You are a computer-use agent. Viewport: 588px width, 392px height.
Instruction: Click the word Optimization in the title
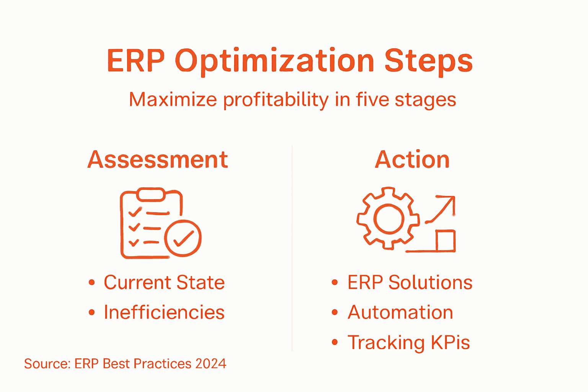coord(274,61)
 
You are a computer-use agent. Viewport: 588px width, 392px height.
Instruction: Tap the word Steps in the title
coord(428,61)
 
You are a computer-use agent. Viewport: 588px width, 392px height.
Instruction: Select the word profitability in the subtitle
coord(276,100)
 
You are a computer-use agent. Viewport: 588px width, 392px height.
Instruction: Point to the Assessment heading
coord(158,160)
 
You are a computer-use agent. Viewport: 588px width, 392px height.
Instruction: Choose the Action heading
coord(412,160)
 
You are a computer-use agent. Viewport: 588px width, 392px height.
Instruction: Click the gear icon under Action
coord(389,219)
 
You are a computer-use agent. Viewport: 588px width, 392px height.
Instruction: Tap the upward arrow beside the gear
coord(442,209)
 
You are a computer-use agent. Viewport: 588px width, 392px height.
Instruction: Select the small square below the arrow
coord(446,241)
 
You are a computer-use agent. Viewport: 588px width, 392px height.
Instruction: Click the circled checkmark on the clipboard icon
coord(183,238)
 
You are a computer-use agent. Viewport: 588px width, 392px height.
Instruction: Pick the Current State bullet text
coord(164,283)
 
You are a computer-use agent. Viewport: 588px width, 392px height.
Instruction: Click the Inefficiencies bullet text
coord(164,312)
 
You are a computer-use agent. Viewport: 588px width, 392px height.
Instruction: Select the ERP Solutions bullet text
coord(410,283)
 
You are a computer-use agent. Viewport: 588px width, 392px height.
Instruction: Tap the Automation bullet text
coord(400,312)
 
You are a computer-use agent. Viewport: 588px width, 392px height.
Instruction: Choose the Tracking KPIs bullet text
coord(408,342)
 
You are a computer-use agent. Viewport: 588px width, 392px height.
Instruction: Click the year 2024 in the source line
coord(211,364)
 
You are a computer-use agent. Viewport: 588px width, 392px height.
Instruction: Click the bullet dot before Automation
coord(335,312)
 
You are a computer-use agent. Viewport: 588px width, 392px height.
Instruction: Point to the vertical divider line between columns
coord(292,249)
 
